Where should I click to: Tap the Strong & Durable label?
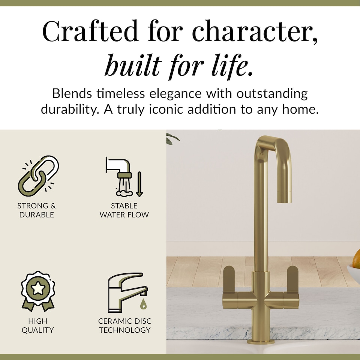tap(36, 210)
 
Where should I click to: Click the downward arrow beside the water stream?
tap(139, 184)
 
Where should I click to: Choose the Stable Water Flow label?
tap(124, 210)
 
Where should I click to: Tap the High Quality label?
tap(37, 325)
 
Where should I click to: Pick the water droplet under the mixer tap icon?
tap(143, 304)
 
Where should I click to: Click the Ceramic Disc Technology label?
tap(124, 325)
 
